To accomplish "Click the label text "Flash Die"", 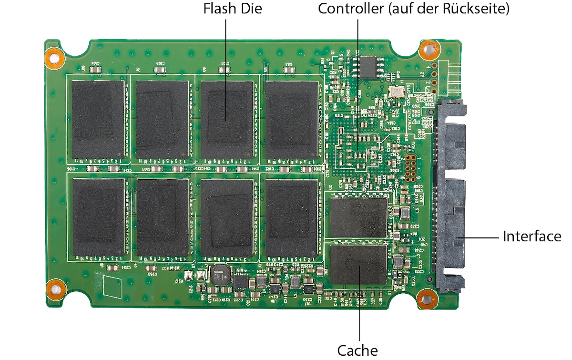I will (x=233, y=9).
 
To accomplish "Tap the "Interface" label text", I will (x=532, y=236).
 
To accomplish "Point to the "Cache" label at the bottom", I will (x=357, y=350).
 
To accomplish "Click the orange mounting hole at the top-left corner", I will (x=54, y=57).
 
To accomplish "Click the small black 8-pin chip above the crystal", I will (x=369, y=67).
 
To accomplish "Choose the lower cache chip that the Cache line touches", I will (x=358, y=265).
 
